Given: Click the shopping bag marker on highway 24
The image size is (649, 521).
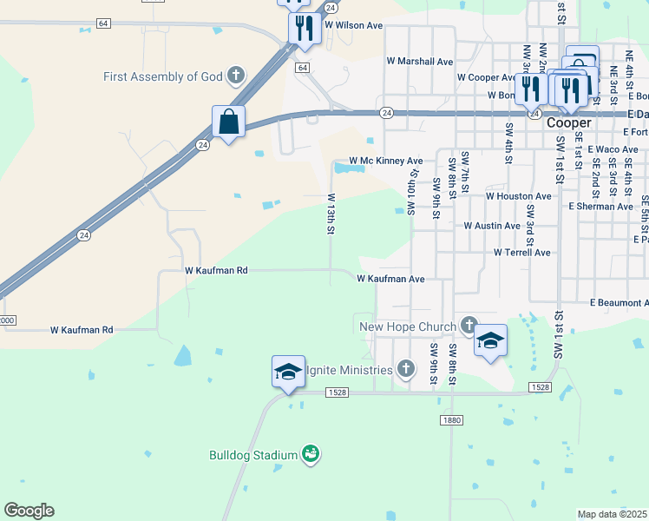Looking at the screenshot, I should pos(228,122).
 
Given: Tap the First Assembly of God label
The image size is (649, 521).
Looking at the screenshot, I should pos(163,76).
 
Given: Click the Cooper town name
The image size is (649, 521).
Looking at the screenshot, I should pos(569,123).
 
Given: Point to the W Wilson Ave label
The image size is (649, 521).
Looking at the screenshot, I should pos(353,26).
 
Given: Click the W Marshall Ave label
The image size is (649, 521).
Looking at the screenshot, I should pos(420,62).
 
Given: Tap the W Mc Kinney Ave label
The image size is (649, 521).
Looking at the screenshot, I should pos(385,161).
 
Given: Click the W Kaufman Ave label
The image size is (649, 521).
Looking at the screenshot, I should pos(390,279).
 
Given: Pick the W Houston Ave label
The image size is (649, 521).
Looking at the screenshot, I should pos(518,196).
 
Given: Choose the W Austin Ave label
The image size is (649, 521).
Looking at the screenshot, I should pos(492,225).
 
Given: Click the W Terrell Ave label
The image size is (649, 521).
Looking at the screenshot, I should pos(521,253).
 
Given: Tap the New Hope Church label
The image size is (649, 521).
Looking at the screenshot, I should pos(408,327).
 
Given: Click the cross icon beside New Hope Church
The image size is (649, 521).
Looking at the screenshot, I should pos(469,326).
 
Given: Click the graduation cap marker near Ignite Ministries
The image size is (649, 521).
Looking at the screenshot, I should pos(288,373).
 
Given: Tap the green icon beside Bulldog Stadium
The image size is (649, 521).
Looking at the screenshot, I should pos(311,453).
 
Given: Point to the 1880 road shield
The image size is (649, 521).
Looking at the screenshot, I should pos(451,419).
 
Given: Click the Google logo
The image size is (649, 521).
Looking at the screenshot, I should pos(29,511).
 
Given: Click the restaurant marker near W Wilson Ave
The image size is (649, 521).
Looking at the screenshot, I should pos(305,28).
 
